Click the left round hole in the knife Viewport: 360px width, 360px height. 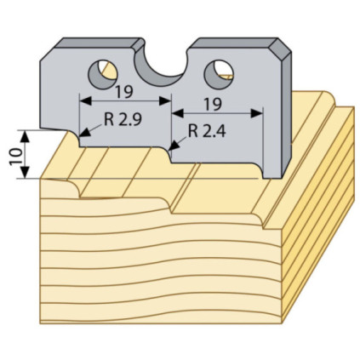[x=103, y=74]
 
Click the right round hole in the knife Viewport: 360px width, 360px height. [x=219, y=74]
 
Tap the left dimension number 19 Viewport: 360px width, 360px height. [x=124, y=92]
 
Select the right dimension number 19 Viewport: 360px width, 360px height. [x=213, y=105]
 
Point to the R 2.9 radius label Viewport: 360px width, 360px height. [x=123, y=120]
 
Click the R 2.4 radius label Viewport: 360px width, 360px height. [x=207, y=131]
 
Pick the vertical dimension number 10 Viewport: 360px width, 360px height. [x=16, y=157]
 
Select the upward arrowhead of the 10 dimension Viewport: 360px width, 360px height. [x=26, y=136]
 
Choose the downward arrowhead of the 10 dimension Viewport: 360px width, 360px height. [x=26, y=173]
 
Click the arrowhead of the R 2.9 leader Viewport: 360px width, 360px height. [x=85, y=133]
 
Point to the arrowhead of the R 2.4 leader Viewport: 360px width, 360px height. [x=174, y=146]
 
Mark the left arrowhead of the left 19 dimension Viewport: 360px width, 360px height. [x=86, y=100]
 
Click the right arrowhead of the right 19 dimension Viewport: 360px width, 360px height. [x=256, y=113]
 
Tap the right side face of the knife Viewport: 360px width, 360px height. [x=287, y=113]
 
